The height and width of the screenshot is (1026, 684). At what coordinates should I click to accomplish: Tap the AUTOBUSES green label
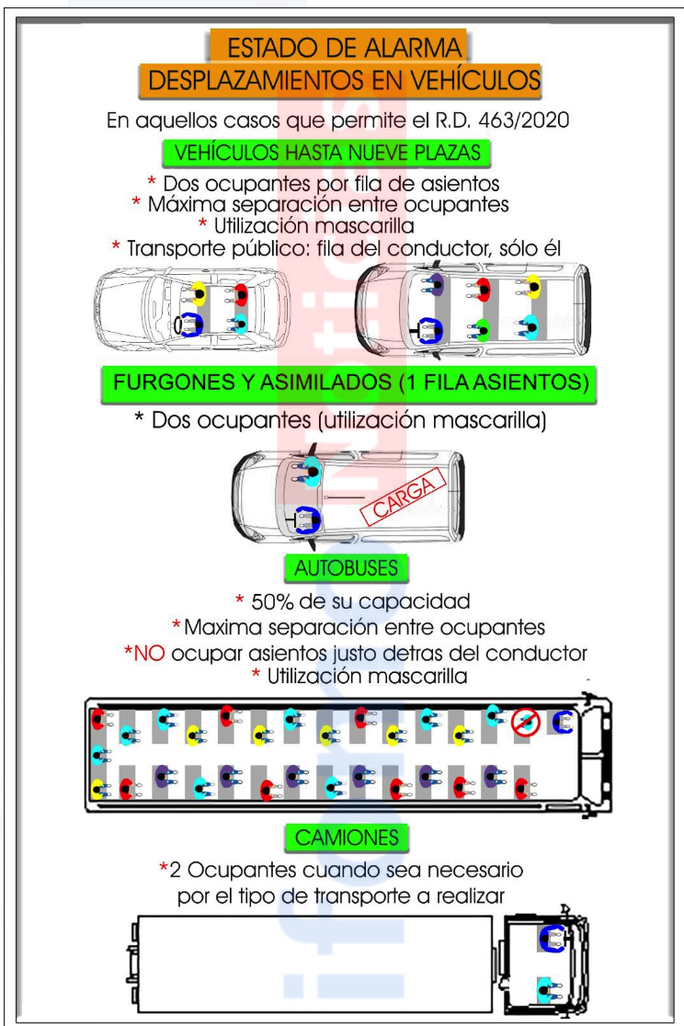click(x=347, y=567)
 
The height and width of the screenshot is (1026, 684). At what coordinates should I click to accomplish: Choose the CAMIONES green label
click(x=347, y=838)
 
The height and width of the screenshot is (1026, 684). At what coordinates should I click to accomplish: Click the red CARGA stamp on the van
click(x=404, y=496)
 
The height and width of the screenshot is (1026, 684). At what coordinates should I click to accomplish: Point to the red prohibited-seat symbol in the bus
click(x=525, y=722)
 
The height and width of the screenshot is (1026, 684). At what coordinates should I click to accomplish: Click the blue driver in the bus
click(x=563, y=722)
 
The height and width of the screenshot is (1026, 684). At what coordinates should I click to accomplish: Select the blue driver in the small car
click(x=190, y=325)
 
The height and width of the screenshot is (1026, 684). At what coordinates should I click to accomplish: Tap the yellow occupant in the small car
click(x=198, y=294)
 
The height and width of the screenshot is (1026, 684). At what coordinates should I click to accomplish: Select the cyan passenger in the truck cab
click(x=547, y=989)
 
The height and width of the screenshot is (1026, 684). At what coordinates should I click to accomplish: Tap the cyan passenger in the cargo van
click(x=310, y=471)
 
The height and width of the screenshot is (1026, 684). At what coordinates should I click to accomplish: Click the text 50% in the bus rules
click(x=272, y=601)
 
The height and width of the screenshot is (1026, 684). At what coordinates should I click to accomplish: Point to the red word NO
click(x=149, y=653)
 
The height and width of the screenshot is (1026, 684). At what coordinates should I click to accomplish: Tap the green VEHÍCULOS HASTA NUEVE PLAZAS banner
click(x=326, y=154)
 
